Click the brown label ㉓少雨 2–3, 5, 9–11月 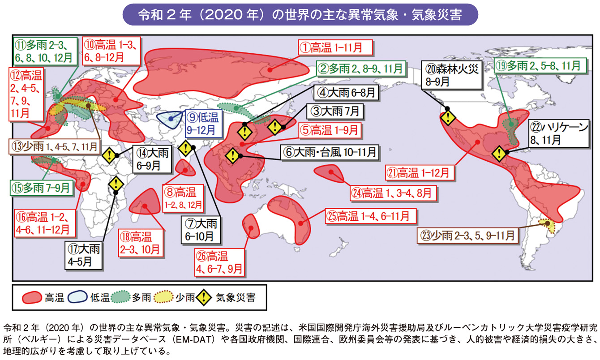(468, 235)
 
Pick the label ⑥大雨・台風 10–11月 (330, 152)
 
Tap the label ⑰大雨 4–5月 (84, 255)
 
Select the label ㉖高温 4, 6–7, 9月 (219, 262)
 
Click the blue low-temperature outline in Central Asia (171, 120)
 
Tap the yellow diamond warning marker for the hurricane (499, 154)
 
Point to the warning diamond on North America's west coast (447, 118)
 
